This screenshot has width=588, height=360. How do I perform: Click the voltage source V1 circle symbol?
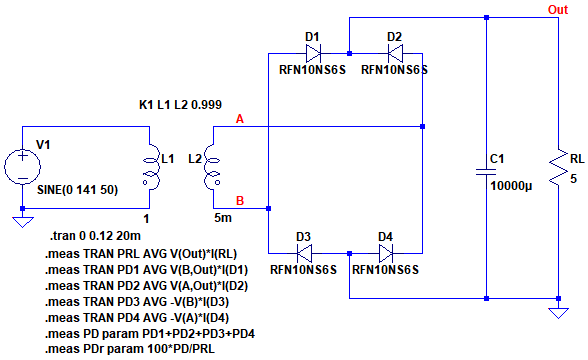(22, 166)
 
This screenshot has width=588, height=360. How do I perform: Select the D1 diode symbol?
(313, 53)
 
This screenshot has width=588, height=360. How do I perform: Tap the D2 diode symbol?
(395, 53)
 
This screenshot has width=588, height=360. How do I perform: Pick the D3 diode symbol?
(304, 253)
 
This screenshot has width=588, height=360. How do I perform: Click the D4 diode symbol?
(386, 253)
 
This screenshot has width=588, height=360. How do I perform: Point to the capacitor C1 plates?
(486, 172)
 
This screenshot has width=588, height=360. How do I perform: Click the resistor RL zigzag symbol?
(558, 167)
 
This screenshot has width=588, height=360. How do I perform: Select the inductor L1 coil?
(152, 166)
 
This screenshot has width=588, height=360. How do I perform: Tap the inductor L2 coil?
(212, 166)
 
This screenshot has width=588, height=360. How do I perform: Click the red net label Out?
(558, 10)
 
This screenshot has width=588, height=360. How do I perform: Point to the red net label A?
(240, 119)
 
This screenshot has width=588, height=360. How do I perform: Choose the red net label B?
(240, 201)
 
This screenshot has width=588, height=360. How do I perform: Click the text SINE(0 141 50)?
(78, 190)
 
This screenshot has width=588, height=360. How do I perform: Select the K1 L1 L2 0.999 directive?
(180, 105)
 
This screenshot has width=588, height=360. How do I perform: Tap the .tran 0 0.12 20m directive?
(95, 236)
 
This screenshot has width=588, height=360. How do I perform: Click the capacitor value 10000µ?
(511, 186)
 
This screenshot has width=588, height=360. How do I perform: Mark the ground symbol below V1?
(22, 222)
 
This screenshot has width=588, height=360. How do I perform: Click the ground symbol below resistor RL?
(558, 313)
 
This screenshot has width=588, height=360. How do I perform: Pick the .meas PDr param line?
(130, 349)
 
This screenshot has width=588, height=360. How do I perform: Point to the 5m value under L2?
(223, 218)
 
